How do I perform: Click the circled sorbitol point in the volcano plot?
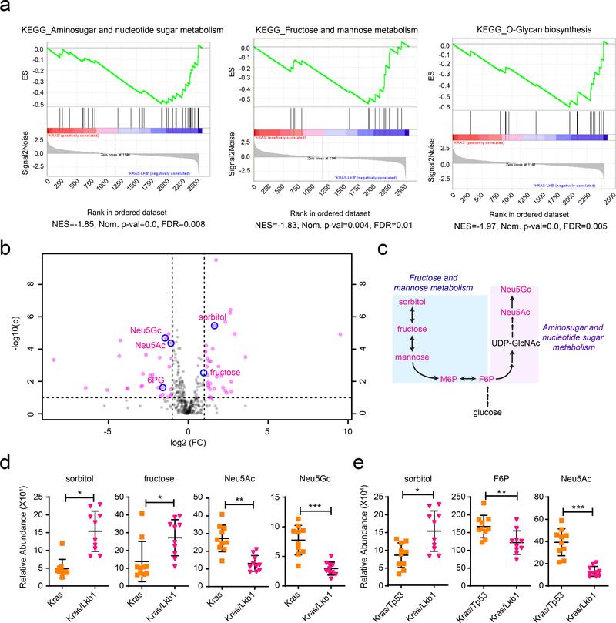pos(215,325)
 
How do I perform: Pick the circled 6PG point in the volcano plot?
pos(162,387)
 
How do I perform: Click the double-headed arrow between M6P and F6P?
pos(465,380)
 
